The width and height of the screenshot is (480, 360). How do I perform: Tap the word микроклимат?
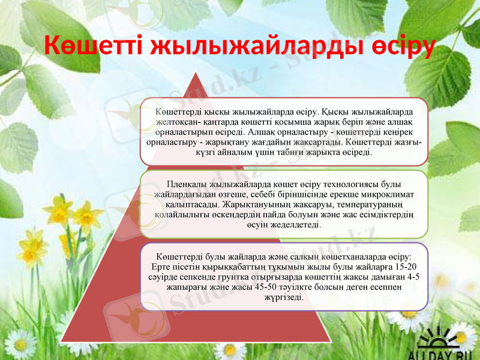click(x=382, y=194)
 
